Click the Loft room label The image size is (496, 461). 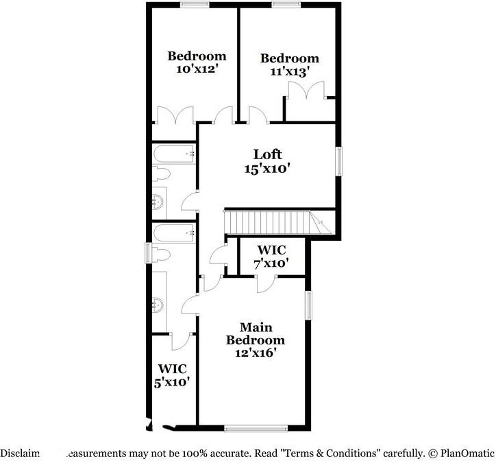267,154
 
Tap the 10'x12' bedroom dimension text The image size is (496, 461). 197,69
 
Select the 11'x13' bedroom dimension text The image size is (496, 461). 290,71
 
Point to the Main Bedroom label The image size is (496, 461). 256,333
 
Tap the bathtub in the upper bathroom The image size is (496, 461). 173,155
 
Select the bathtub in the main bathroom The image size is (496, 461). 173,235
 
